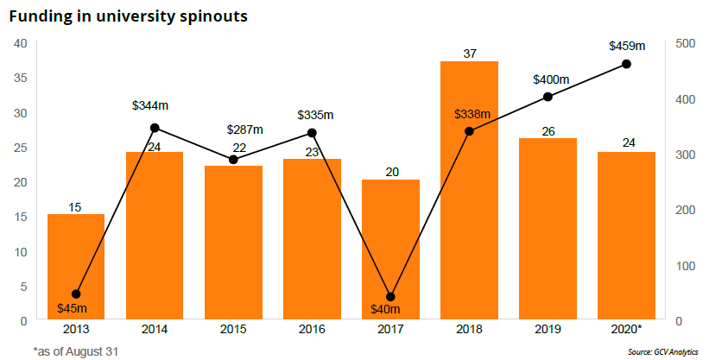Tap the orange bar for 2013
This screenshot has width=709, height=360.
[x=76, y=267]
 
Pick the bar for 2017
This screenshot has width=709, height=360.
[x=390, y=249]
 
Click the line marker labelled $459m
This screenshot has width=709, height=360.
[x=627, y=65]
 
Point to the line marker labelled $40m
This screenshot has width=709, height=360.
[x=390, y=297]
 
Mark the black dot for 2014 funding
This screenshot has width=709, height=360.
[x=155, y=128]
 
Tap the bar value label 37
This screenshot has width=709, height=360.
[x=470, y=54]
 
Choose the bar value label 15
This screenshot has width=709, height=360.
[x=76, y=206]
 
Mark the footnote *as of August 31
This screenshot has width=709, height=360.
[x=75, y=351]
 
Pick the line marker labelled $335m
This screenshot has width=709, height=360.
[x=312, y=133]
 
